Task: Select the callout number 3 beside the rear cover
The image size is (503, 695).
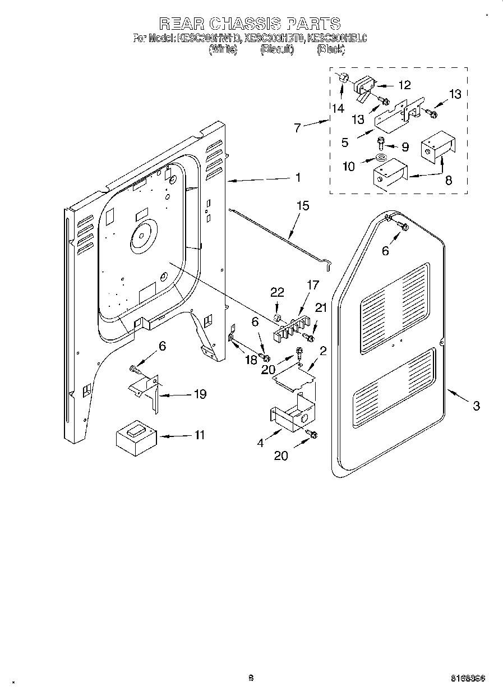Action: click(x=476, y=406)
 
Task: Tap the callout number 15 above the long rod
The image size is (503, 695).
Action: click(x=302, y=206)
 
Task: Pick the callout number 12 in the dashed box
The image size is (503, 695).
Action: click(x=404, y=85)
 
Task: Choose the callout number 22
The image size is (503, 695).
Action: click(x=277, y=292)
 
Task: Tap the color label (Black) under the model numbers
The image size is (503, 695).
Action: click(x=330, y=50)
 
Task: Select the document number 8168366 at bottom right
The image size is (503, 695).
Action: click(x=468, y=678)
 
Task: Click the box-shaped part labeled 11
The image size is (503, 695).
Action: click(x=135, y=436)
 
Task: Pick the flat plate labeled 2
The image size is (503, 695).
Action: click(x=293, y=375)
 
